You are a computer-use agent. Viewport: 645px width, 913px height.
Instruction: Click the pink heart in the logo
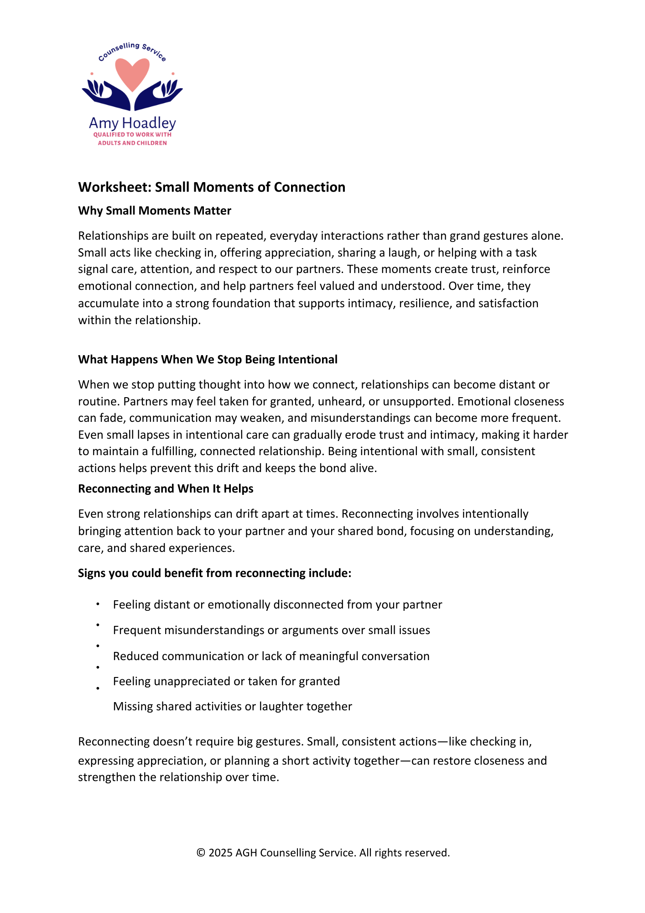[132, 73]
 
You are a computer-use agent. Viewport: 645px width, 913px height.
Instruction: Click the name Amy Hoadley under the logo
[132, 123]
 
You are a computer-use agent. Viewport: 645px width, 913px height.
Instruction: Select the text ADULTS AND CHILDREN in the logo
[132, 143]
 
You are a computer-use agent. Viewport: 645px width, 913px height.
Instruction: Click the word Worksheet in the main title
[114, 187]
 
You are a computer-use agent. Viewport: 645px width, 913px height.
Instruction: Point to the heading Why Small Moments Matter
[155, 210]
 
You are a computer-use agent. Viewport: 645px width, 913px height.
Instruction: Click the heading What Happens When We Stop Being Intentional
[208, 359]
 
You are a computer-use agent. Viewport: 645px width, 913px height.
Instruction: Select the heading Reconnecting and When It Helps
[166, 488]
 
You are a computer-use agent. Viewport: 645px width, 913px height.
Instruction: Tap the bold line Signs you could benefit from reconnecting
[214, 573]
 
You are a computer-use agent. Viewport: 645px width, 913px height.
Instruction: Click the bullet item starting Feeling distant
[277, 604]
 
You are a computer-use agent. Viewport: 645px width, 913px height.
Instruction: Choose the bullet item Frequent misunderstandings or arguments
[271, 630]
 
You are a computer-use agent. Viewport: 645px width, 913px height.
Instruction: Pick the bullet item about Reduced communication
[271, 656]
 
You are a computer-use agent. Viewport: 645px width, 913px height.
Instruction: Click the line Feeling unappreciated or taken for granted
[226, 681]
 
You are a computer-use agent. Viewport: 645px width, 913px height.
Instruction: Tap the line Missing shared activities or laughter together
[233, 706]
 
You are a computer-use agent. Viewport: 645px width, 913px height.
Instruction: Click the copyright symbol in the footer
[201, 853]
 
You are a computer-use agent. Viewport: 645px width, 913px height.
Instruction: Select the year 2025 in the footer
[221, 853]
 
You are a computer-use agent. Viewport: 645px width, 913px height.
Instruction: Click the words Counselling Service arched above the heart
[132, 49]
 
